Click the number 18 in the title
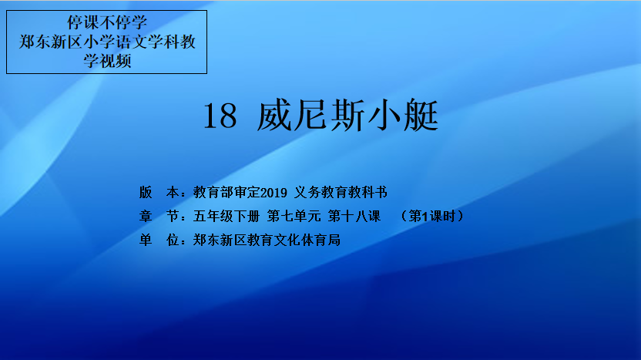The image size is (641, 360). [x=220, y=116]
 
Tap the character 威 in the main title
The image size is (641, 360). [x=274, y=115]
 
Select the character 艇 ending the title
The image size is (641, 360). [x=421, y=115]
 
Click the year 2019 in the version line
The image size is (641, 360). [x=274, y=192]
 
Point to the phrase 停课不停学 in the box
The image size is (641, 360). [x=107, y=22]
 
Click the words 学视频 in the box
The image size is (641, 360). [x=107, y=61]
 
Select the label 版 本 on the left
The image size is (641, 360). [x=159, y=192]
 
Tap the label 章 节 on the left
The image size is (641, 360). [x=159, y=216]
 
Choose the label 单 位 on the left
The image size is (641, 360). [x=159, y=240]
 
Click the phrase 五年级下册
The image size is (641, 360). [x=226, y=216]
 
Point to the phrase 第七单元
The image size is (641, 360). [x=294, y=216]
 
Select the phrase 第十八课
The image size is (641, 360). [x=354, y=216]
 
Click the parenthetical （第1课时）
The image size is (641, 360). [x=432, y=216]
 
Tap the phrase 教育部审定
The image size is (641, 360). [x=227, y=192]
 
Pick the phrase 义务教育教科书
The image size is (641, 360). [x=341, y=192]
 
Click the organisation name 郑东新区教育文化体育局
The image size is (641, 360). [x=267, y=240]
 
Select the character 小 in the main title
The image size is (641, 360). [x=384, y=115]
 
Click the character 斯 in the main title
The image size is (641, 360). [x=348, y=115]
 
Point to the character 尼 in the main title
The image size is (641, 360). [x=311, y=115]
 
